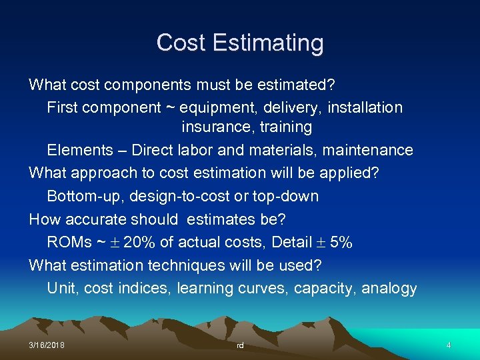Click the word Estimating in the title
pos(277,43)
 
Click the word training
pos(287,127)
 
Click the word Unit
pos(59,289)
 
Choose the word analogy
pos(389,289)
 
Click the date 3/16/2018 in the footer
pos(47,345)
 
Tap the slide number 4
pos(449,345)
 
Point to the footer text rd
pos(240,346)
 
